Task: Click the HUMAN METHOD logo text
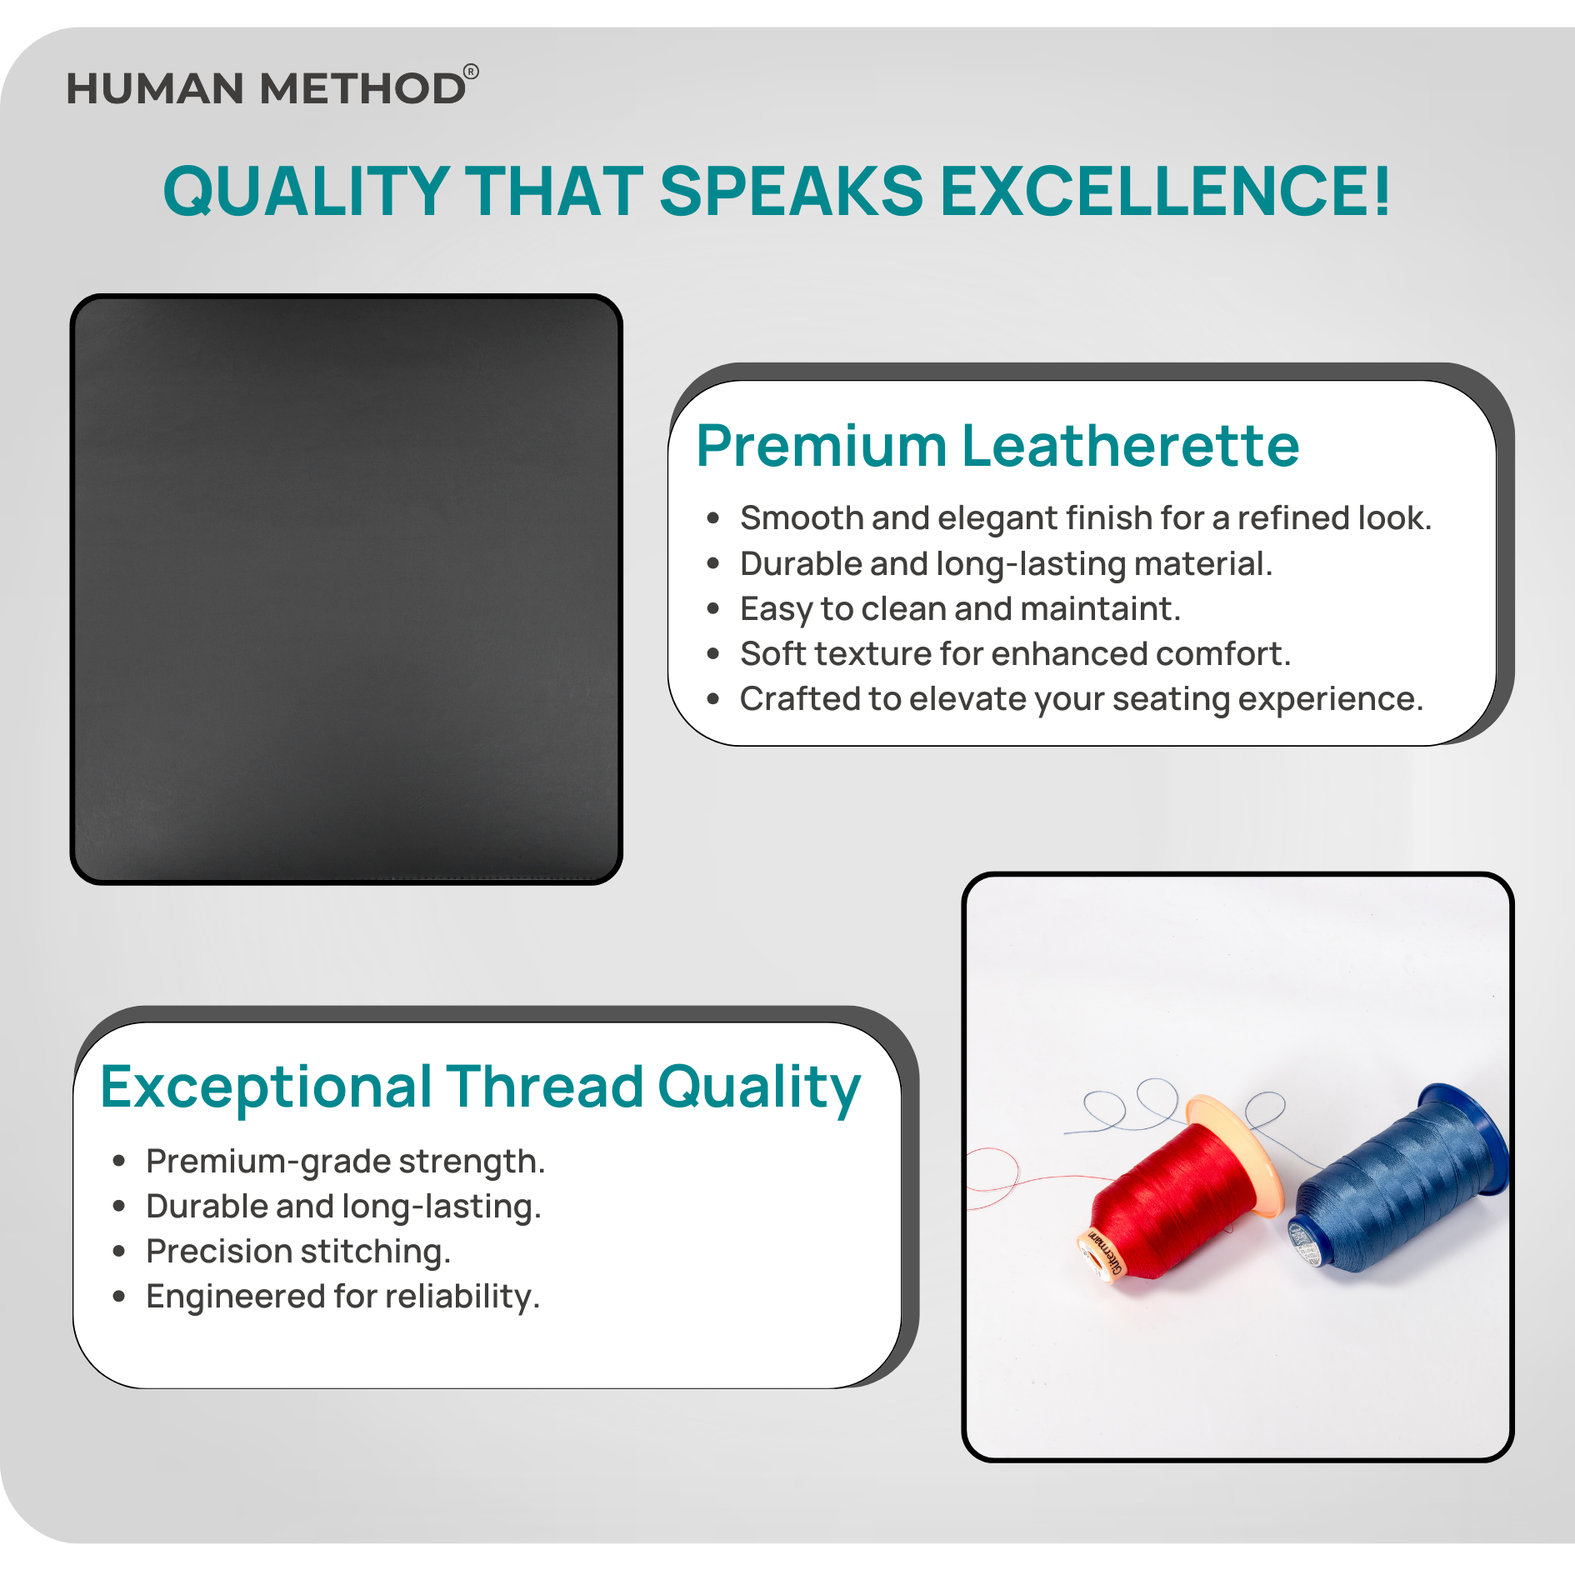[266, 88]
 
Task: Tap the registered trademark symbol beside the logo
[471, 72]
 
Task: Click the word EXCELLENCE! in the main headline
[1166, 191]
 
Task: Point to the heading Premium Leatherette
[997, 446]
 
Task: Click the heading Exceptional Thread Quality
[480, 1088]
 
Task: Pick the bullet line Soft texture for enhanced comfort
[1015, 654]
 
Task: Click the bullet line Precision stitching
[298, 1252]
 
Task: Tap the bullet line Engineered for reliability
[342, 1297]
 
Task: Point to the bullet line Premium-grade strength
[345, 1162]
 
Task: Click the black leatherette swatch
[347, 589]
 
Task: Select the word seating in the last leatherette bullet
[1170, 700]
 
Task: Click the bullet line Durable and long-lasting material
[1006, 564]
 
